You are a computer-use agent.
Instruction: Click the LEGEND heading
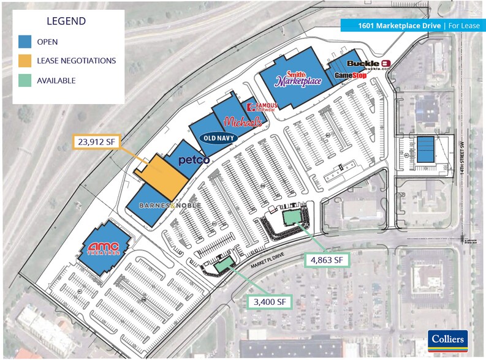pyautogui.click(x=66, y=21)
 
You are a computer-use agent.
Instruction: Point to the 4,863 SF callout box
pyautogui.click(x=327, y=260)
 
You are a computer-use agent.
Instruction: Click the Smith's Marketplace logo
pyautogui.click(x=298, y=77)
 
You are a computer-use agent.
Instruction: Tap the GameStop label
pyautogui.click(x=350, y=75)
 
